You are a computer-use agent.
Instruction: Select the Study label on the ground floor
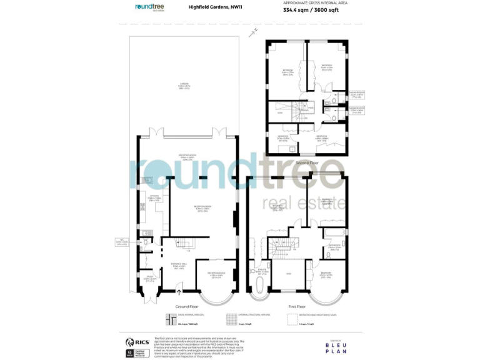pos(150,279)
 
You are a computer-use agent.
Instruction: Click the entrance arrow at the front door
pos(180,289)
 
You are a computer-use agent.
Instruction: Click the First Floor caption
pos(296,307)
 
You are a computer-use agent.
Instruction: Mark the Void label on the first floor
pos(289,274)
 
